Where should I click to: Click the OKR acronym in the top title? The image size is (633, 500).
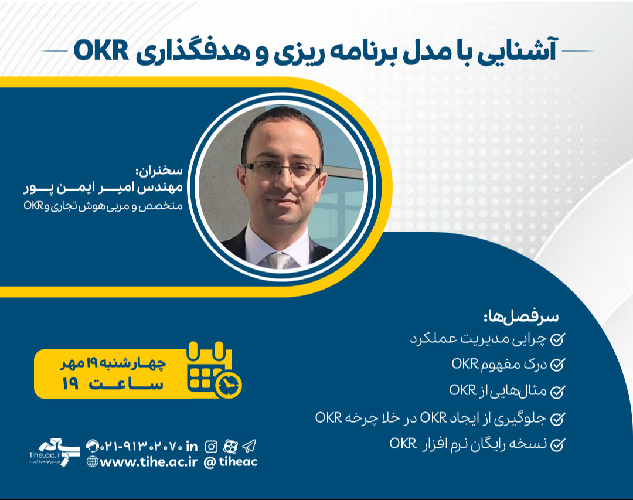tap(101, 51)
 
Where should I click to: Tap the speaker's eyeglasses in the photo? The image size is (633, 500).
tap(282, 171)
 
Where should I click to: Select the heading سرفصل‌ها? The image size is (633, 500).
tap(521, 317)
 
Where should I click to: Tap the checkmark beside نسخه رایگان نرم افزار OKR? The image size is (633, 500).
tap(558, 444)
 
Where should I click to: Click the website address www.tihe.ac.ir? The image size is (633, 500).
tap(149, 462)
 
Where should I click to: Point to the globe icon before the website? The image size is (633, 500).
tap(92, 462)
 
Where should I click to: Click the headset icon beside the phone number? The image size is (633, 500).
tap(92, 445)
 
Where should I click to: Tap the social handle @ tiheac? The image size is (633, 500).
tap(230, 462)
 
